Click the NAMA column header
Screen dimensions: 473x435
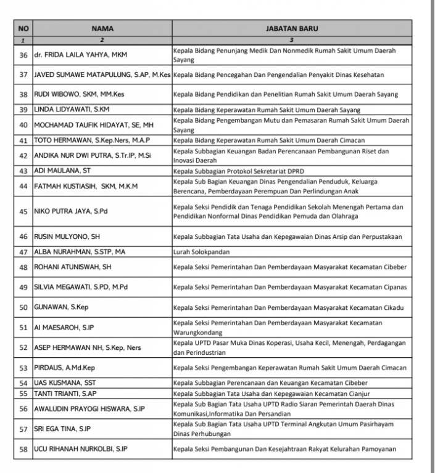102,28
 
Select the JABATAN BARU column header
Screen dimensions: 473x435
292,28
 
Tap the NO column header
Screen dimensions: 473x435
23,28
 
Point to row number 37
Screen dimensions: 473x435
23,75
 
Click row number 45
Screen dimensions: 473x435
23,212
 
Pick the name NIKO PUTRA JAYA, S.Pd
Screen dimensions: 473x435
70,212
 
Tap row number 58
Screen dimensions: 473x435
23,449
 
